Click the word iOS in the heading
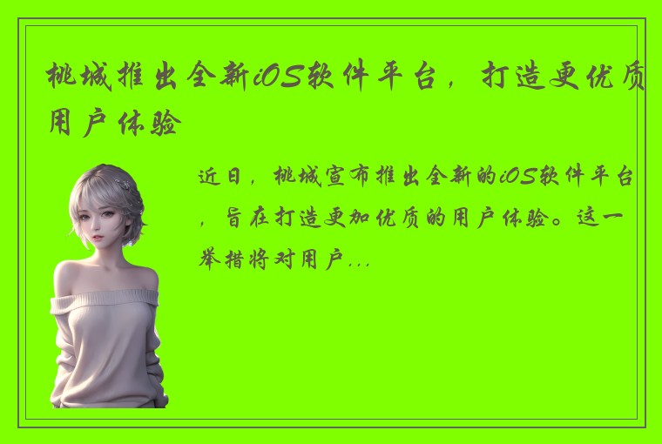[x=277, y=80]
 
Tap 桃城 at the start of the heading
[x=83, y=80]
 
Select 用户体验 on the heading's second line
[x=115, y=124]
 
